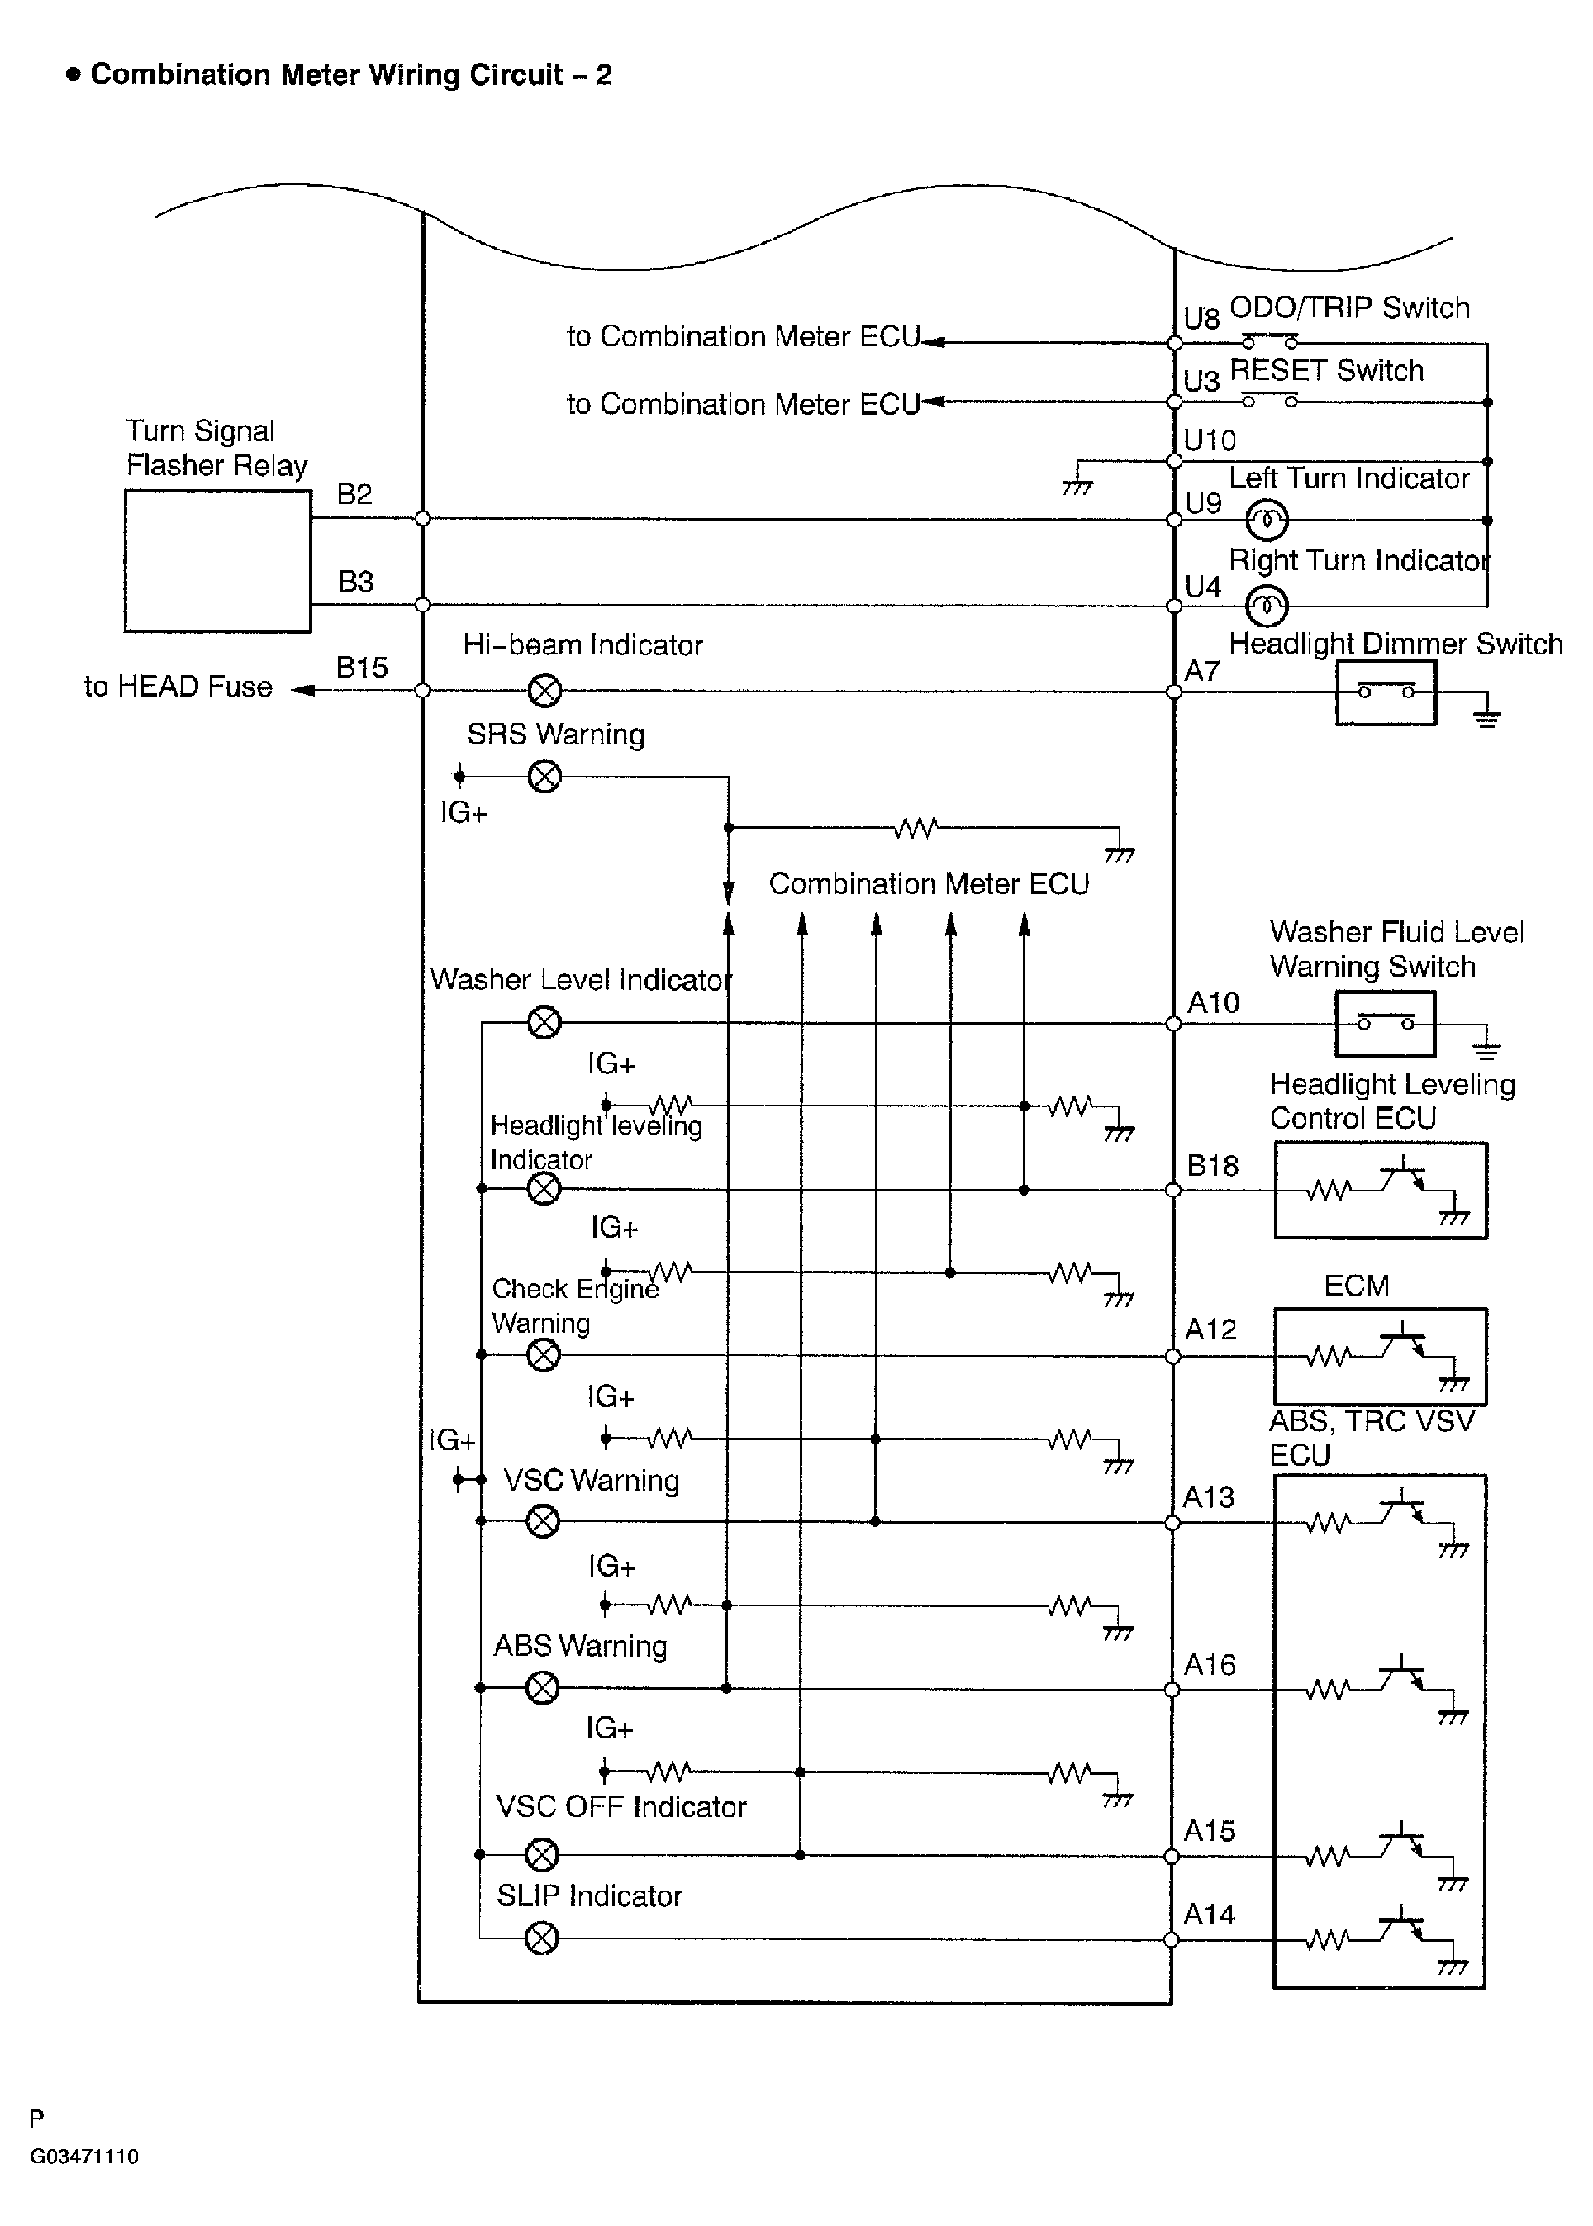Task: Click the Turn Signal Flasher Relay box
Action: tap(218, 561)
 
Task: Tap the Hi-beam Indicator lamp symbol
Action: tap(544, 691)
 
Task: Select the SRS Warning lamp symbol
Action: tap(544, 777)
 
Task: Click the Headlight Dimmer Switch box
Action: tap(1385, 692)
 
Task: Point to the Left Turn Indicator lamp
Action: tap(1267, 520)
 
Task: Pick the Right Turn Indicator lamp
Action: tap(1267, 606)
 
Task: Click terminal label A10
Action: tap(1214, 1002)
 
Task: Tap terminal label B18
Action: tap(1212, 1166)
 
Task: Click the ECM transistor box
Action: tap(1380, 1357)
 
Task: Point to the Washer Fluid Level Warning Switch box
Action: tap(1385, 1023)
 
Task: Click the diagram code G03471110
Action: tap(84, 2157)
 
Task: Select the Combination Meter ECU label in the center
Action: tap(928, 884)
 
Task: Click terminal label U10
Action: tap(1210, 440)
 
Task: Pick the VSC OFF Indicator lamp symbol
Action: tap(543, 1854)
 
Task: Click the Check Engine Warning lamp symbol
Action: tap(544, 1356)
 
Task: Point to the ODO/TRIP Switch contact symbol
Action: tap(1270, 342)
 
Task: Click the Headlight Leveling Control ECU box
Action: tap(1380, 1190)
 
